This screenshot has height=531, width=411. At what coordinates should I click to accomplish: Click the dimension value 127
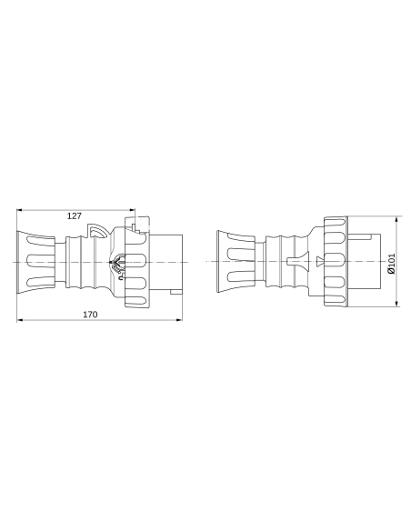tap(74, 215)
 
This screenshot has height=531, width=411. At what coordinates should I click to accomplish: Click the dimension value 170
tap(90, 315)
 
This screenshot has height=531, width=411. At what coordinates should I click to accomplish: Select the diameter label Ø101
tap(390, 262)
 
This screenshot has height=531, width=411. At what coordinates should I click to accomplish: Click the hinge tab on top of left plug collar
tap(133, 218)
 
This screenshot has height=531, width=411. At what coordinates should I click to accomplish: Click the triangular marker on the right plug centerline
tap(319, 262)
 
